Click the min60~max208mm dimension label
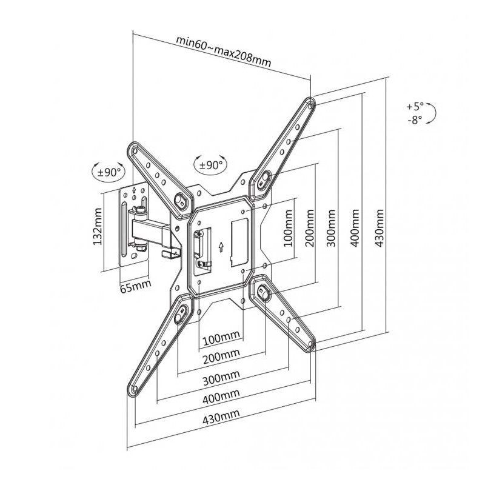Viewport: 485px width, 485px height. tap(223, 51)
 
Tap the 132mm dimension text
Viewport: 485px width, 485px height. tap(98, 226)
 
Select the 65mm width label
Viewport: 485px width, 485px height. tap(135, 286)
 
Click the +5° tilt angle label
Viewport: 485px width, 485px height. tap(415, 107)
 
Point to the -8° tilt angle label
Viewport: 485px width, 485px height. tap(415, 119)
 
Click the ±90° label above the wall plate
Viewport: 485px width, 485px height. tap(109, 172)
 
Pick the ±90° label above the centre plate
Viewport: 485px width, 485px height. tap(210, 165)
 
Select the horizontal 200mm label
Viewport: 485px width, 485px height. tap(221, 356)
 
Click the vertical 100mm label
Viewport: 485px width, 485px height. tap(289, 228)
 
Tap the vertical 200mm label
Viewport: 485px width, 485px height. tap(310, 228)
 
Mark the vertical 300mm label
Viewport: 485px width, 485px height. tap(332, 228)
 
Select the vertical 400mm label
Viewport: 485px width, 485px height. tap(355, 228)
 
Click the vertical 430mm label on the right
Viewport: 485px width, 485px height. tap(380, 228)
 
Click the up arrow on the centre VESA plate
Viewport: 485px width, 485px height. tap(221, 247)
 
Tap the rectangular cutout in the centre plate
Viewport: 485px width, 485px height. tap(239, 242)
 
